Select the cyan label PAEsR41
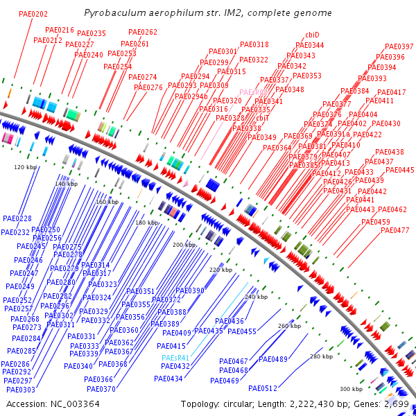175,358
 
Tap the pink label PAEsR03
253,92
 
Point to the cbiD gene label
312,35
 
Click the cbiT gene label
263,119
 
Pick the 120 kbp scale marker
25,167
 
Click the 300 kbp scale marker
351,389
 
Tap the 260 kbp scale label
289,326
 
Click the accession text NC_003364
75,404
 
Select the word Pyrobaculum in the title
110,13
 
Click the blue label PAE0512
262,388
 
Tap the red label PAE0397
399,47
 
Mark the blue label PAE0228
17,218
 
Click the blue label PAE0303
21,390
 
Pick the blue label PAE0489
272,359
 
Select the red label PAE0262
143,33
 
